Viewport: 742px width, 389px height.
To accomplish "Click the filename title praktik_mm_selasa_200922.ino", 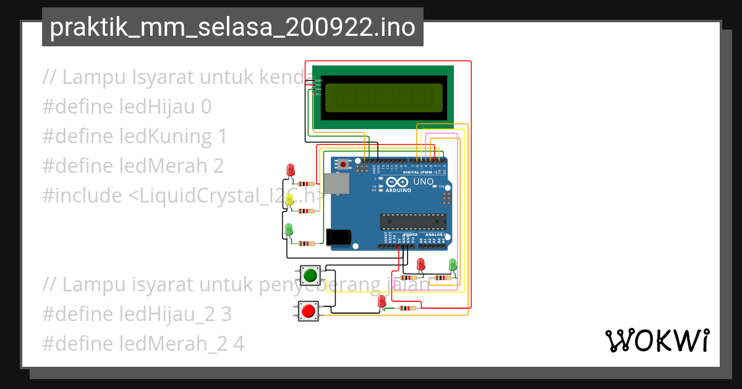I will point(232,28).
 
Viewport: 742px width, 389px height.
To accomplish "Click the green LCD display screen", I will point(383,98).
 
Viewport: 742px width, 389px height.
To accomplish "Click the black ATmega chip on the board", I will point(412,221).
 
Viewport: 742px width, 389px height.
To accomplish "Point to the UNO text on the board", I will point(424,182).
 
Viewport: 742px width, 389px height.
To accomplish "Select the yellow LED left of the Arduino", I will point(289,199).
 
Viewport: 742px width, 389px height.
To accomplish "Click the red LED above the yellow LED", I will point(291,170).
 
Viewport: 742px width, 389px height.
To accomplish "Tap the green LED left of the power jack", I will point(289,230).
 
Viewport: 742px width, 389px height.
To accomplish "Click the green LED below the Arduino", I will point(453,264).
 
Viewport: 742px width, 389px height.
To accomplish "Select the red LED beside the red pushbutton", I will point(382,301).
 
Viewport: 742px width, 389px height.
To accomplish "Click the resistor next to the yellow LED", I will point(305,211).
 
